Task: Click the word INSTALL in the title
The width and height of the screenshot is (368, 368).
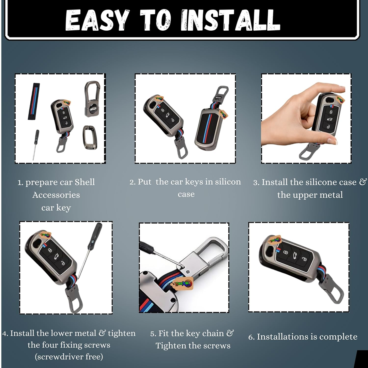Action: pos(231,20)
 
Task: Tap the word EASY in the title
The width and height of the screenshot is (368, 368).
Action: pos(97,20)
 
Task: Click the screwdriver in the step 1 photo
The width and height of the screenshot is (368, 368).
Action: pos(36,145)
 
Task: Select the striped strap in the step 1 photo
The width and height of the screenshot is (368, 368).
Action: pos(34,101)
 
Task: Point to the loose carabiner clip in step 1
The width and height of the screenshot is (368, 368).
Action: pos(92,99)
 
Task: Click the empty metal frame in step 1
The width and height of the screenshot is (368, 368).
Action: pos(90,137)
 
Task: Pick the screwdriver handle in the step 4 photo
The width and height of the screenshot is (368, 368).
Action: pos(95,236)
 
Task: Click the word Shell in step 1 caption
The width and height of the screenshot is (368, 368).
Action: pos(85,182)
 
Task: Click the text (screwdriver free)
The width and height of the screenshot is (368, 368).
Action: pos(69,357)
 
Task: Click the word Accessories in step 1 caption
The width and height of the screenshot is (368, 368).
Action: pos(56,195)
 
